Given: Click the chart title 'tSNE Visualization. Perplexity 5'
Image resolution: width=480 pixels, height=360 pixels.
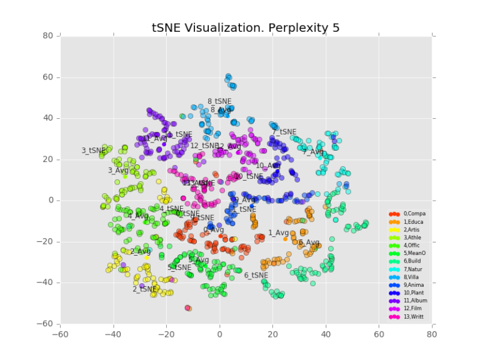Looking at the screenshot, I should point(246,28).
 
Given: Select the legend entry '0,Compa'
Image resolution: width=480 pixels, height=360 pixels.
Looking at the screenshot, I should point(413,214).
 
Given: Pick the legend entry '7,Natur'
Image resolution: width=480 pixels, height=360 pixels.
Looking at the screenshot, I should point(413,268).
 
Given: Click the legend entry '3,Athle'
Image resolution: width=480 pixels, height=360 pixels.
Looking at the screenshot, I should point(413,237).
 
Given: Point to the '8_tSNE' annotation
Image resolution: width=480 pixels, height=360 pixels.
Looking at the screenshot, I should point(219,101).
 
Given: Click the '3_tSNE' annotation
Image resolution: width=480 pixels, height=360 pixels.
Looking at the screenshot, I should point(94,151).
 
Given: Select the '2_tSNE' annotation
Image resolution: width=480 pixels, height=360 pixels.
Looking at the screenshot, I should point(144,289).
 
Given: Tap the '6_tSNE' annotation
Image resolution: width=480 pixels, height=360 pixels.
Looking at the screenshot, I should point(256,275).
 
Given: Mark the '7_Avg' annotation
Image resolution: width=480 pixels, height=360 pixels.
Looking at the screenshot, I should point(313,152).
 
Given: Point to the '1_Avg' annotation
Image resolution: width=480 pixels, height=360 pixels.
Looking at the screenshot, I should point(278,233).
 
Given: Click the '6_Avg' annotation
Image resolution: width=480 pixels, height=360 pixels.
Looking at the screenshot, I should point(309,242).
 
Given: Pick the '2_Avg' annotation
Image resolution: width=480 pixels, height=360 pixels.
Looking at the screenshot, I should point(141,252).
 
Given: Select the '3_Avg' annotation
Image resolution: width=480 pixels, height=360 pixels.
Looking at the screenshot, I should point(118,171).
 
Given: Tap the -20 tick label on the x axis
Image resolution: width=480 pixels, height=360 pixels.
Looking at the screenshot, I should point(166,334).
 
